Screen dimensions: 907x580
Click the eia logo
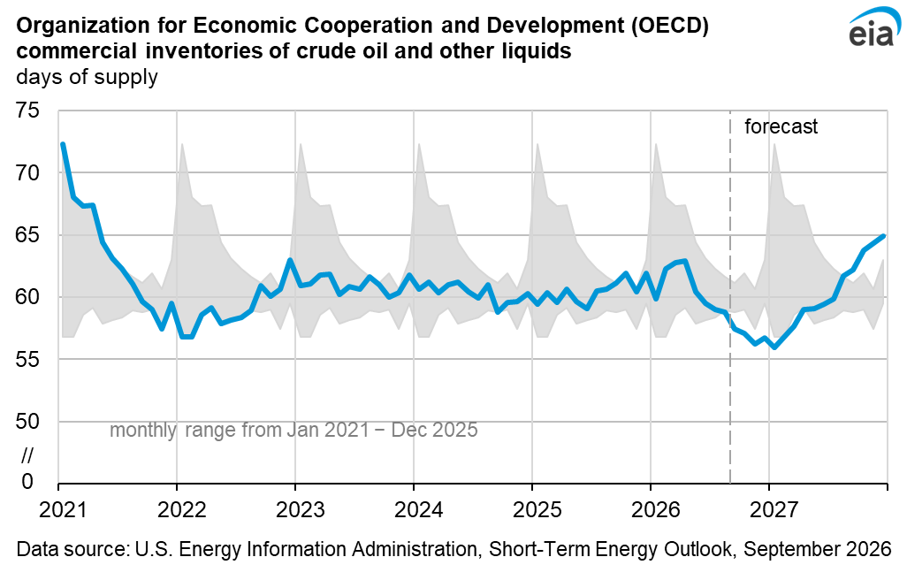(x=873, y=27)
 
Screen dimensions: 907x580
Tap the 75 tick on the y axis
(x=27, y=110)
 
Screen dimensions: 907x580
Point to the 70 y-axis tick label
(x=27, y=172)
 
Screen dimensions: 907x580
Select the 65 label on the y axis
(x=27, y=235)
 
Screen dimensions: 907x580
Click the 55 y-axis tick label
(x=27, y=359)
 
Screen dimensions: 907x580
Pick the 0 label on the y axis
(x=27, y=481)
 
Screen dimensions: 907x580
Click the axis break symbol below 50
(x=27, y=455)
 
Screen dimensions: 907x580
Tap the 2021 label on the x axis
(x=63, y=509)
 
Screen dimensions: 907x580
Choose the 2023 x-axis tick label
(x=300, y=509)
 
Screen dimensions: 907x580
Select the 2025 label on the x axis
(x=537, y=509)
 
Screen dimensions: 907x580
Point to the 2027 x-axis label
(x=774, y=509)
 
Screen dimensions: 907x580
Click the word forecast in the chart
(x=781, y=126)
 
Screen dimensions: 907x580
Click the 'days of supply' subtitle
(x=87, y=77)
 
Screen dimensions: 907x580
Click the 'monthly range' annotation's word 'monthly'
(x=143, y=431)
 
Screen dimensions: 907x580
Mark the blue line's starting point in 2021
(x=63, y=144)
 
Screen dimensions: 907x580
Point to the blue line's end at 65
(x=884, y=235)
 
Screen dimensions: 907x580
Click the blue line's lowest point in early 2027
(x=774, y=347)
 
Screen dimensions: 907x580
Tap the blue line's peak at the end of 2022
(x=290, y=260)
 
